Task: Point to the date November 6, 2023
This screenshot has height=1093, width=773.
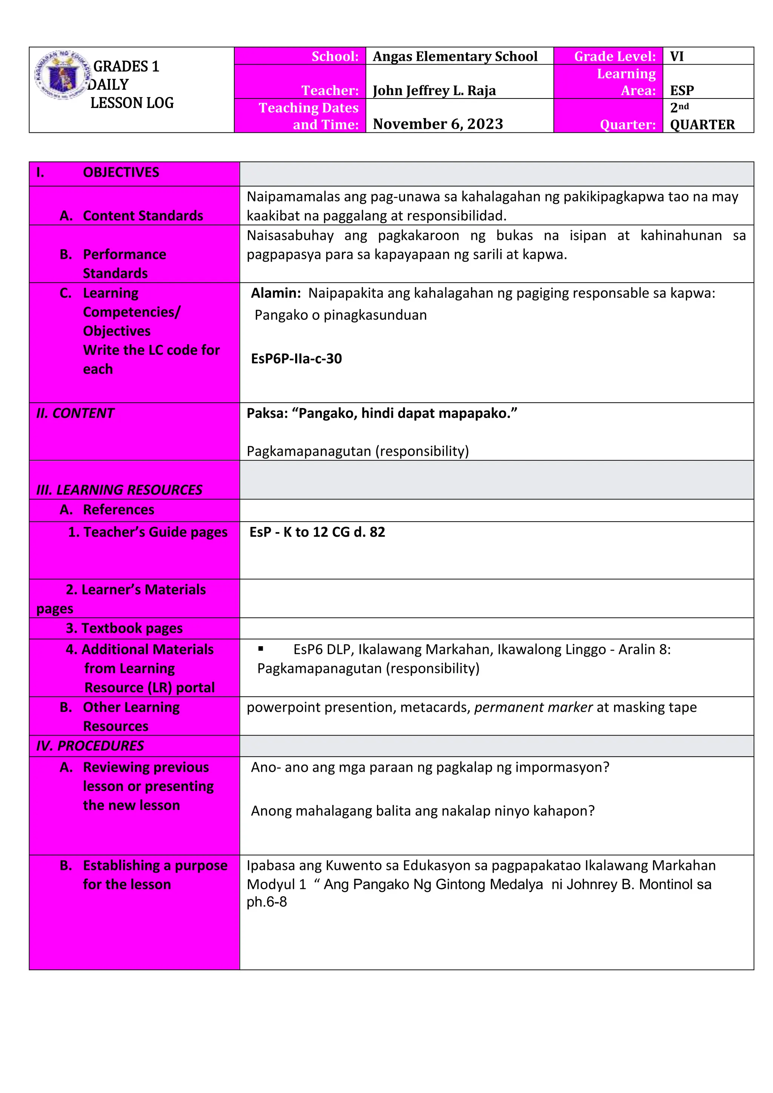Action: click(x=437, y=124)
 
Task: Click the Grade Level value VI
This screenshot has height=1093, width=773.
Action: click(x=676, y=56)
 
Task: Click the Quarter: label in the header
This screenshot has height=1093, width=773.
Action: click(x=627, y=124)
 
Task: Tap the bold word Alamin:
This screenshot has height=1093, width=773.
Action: click(x=276, y=293)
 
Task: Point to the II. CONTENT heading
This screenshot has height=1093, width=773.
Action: click(x=75, y=413)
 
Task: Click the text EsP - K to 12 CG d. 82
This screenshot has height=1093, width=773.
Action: click(x=317, y=532)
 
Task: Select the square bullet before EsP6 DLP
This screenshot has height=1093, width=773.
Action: click(x=260, y=648)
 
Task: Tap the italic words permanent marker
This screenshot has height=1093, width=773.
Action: click(x=533, y=707)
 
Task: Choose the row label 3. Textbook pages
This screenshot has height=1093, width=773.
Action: click(x=124, y=628)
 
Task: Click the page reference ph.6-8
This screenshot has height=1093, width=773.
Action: click(x=266, y=902)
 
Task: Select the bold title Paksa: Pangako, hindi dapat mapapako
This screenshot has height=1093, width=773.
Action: click(x=381, y=413)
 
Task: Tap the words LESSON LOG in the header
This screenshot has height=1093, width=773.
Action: click(x=132, y=103)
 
